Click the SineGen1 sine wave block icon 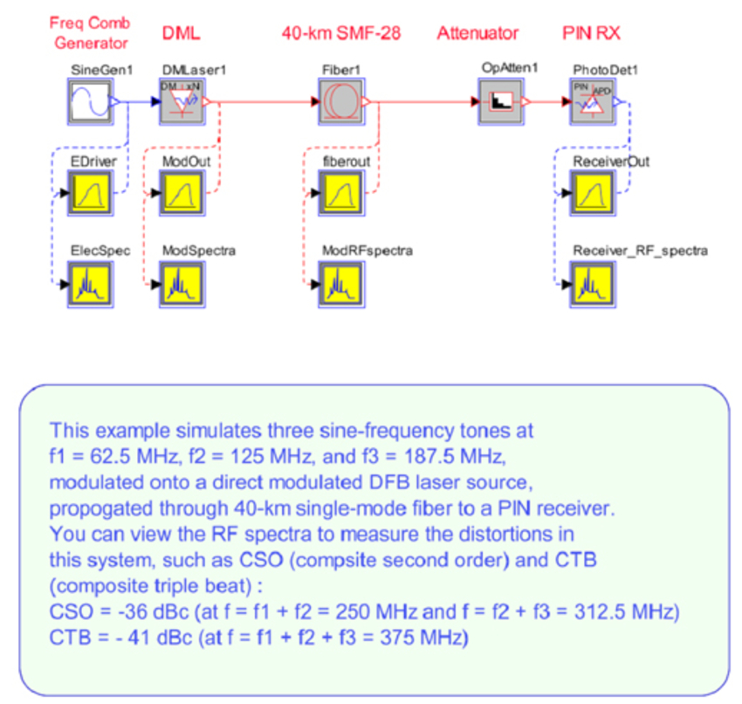(x=92, y=101)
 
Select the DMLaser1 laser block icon (x=183, y=101)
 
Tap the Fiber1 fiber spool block (x=341, y=101)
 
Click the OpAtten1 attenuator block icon (x=501, y=101)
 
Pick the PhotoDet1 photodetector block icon (x=594, y=101)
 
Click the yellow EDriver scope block (x=92, y=192)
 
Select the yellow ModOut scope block (x=183, y=192)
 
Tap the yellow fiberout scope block (x=341, y=192)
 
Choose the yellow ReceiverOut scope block (x=594, y=192)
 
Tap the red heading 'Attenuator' (x=477, y=33)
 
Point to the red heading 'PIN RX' (x=591, y=33)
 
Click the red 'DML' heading (x=182, y=33)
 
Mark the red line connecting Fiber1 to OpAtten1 (x=423, y=102)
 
